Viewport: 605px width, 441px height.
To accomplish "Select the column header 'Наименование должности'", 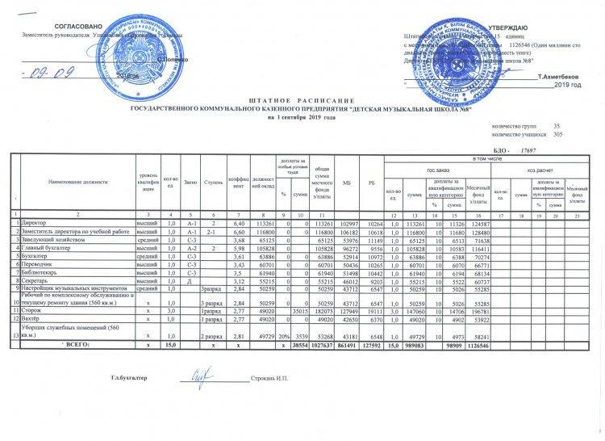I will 77,181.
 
